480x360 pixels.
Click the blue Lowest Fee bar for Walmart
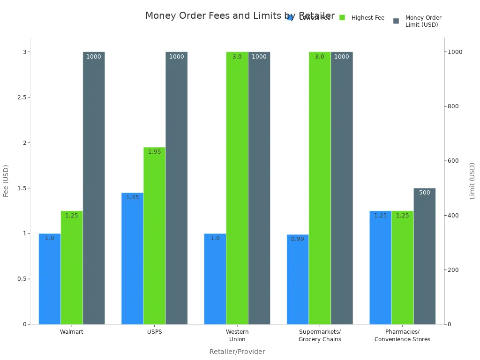(50, 278)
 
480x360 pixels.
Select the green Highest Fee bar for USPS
(154, 235)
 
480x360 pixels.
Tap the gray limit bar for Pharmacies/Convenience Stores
(424, 256)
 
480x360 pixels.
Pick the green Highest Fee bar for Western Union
(237, 187)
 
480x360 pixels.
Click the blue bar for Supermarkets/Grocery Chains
(298, 279)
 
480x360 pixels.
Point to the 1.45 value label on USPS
(132, 197)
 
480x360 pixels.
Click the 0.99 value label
(298, 239)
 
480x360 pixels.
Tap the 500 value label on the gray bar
(424, 193)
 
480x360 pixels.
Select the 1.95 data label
(154, 152)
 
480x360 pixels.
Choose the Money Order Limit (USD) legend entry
(423, 21)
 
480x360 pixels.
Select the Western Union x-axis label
(237, 336)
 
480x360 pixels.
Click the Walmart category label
(72, 332)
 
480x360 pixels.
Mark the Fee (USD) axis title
(6, 180)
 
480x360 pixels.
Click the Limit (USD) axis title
(472, 180)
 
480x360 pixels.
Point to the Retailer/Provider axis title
(237, 352)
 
